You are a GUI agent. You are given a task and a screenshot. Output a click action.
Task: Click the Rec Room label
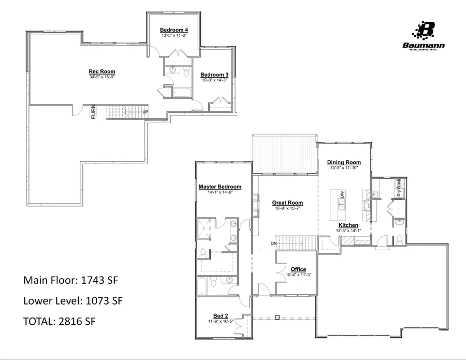click(101, 71)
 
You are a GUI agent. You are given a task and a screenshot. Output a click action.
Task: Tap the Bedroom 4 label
click(173, 30)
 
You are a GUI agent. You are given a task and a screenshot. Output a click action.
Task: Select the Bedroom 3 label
click(214, 74)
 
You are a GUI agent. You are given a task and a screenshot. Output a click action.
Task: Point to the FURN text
click(94, 112)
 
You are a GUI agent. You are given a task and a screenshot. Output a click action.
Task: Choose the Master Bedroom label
click(220, 186)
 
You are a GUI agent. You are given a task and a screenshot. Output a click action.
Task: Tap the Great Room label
click(287, 203)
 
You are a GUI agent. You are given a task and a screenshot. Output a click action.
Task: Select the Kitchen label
click(348, 225)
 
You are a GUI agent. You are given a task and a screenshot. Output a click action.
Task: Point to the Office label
click(298, 269)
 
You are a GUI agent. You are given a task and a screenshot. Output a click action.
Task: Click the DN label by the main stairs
click(273, 243)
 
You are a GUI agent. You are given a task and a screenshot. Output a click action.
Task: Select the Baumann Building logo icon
click(426, 31)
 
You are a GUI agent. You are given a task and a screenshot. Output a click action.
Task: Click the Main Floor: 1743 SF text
click(72, 280)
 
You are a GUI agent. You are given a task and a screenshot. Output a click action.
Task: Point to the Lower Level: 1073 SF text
click(73, 300)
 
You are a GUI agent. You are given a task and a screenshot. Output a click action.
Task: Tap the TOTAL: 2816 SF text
click(60, 321)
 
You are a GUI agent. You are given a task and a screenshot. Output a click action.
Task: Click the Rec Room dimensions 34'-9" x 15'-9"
click(101, 77)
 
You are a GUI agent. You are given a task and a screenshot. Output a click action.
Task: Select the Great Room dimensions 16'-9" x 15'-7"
click(287, 208)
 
